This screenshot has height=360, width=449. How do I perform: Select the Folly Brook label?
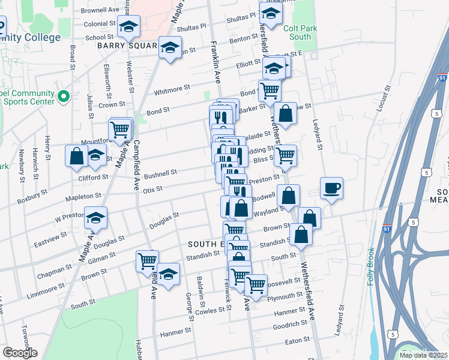pyautogui.click(x=372, y=266)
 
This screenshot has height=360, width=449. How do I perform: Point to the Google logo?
pyautogui.click(x=20, y=353)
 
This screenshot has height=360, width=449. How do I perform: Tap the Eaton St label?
pyautogui.click(x=297, y=340)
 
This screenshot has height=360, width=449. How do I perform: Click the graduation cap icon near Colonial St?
pyautogui.click(x=128, y=26)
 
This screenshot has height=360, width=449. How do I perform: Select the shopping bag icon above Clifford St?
pyautogui.click(x=77, y=155)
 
